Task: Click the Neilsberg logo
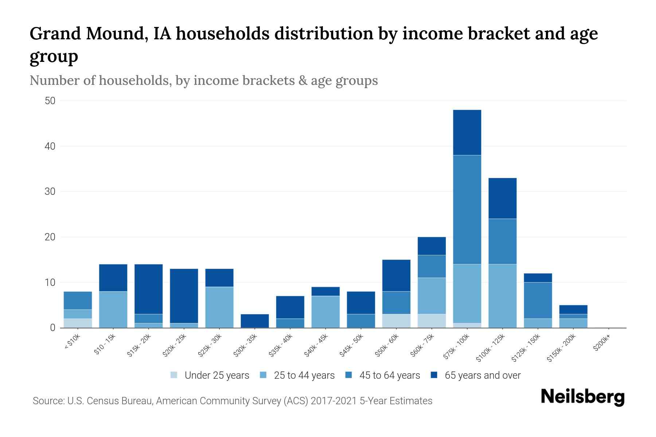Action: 582,397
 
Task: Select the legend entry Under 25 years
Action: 216,375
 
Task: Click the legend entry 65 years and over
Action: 482,375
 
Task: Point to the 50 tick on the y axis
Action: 50,101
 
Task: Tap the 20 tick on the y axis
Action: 50,237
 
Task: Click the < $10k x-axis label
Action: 72,342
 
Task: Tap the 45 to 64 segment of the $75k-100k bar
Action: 467,209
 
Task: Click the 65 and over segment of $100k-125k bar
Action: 502,198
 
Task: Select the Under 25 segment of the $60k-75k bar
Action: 432,321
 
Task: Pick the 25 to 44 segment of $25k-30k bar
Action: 219,307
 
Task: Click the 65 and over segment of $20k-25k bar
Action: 184,296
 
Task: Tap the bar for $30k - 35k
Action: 255,321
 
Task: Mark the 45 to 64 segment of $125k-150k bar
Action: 538,300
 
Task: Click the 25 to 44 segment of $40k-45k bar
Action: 325,312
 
